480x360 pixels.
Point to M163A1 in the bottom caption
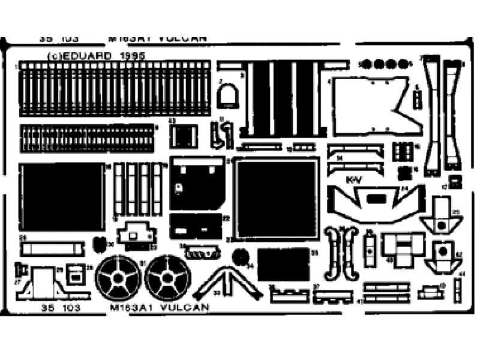point(129,308)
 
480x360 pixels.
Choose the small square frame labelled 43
point(183,136)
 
